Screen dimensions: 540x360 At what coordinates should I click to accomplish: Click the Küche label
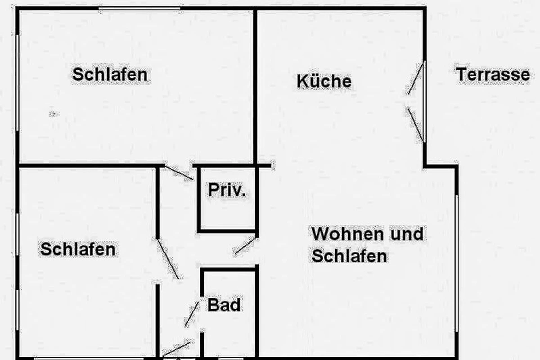[x=324, y=81]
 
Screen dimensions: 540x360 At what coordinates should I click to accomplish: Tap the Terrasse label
[x=493, y=74]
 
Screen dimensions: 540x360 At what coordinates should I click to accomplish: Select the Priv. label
[x=227, y=190]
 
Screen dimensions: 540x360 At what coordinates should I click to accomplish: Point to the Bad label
[x=224, y=305]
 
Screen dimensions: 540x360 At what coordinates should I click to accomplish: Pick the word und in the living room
[x=407, y=234]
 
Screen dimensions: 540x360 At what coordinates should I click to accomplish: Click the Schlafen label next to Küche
[x=110, y=75]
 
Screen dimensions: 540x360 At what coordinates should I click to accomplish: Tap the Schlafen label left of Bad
[x=78, y=249]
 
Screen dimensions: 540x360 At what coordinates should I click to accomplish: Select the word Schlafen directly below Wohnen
[x=349, y=256]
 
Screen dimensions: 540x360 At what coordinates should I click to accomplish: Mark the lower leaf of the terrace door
[x=415, y=124]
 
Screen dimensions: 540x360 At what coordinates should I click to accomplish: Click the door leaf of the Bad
[x=192, y=314]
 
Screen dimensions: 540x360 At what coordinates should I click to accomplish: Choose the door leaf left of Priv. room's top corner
[x=179, y=173]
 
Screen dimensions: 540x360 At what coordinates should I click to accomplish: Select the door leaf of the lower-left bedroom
[x=168, y=259]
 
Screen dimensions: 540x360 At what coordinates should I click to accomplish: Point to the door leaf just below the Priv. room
[x=245, y=246]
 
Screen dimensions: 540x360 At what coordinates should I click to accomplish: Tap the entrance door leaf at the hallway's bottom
[x=177, y=349]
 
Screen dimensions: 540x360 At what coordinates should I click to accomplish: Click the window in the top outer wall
[x=139, y=9]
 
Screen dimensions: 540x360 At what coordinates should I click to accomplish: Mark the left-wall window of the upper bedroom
[x=18, y=83]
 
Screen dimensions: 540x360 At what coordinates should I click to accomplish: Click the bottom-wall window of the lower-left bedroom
[x=89, y=359]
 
